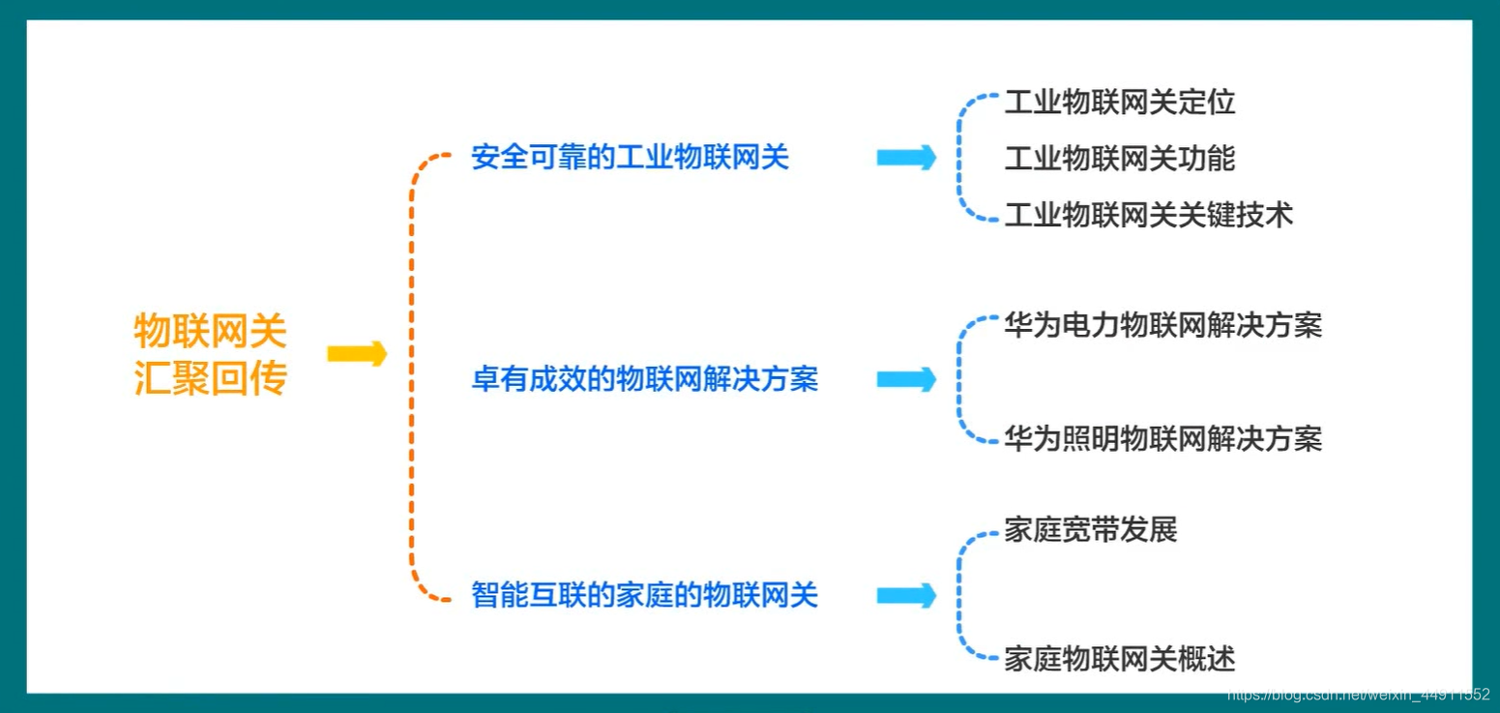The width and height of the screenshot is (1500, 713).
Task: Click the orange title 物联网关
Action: (x=210, y=332)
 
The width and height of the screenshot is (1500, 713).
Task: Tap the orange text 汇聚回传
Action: (x=210, y=377)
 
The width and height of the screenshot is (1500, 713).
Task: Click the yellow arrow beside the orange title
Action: (x=357, y=354)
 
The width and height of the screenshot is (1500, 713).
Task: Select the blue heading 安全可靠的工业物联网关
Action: (x=630, y=157)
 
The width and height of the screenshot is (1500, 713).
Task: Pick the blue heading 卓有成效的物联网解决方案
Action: (x=644, y=379)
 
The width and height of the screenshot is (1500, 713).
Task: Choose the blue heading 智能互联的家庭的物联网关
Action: (x=644, y=594)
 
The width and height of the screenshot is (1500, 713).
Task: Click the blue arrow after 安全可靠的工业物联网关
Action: (x=906, y=157)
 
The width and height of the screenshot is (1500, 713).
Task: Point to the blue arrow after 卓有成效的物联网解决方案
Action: (x=906, y=379)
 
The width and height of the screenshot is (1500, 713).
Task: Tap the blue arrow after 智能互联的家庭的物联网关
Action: (x=906, y=595)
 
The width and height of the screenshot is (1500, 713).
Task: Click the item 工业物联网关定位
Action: (x=1119, y=102)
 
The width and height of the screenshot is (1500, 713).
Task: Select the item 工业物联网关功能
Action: (x=1119, y=158)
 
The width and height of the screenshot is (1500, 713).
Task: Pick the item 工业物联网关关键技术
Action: (x=1148, y=214)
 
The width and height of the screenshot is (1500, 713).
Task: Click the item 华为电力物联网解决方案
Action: (x=1162, y=325)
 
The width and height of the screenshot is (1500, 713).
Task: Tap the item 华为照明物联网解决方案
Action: (x=1162, y=439)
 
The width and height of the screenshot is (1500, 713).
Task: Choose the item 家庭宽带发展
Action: (x=1090, y=530)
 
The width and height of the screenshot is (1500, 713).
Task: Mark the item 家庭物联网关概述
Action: (x=1119, y=659)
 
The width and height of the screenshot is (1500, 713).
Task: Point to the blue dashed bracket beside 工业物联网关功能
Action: (x=960, y=158)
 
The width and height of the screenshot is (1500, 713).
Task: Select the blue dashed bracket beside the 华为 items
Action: (x=959, y=380)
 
